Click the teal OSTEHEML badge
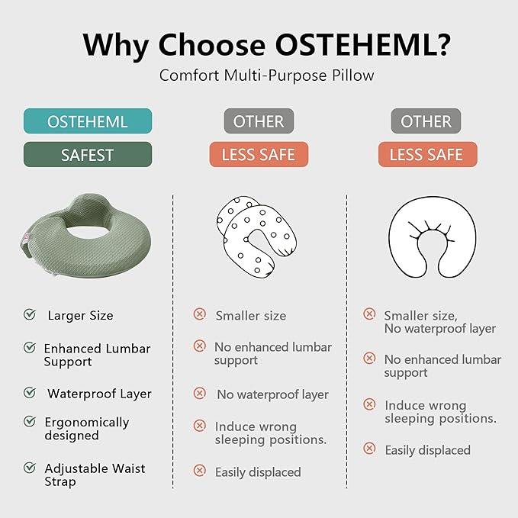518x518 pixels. click(x=88, y=121)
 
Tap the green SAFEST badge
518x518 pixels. click(x=88, y=155)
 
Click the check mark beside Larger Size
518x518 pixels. click(x=30, y=314)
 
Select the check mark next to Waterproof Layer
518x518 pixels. click(x=30, y=393)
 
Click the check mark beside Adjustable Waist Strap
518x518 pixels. click(x=30, y=468)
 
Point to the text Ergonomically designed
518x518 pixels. click(x=86, y=429)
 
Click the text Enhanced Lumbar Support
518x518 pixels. click(x=97, y=355)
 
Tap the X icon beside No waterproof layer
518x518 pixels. click(x=200, y=394)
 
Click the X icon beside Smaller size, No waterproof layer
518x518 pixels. click(x=369, y=314)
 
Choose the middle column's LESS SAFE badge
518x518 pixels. click(x=259, y=155)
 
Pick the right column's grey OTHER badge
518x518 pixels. click(x=426, y=121)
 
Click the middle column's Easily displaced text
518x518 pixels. click(x=258, y=472)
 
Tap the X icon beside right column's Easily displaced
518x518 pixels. click(x=369, y=449)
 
